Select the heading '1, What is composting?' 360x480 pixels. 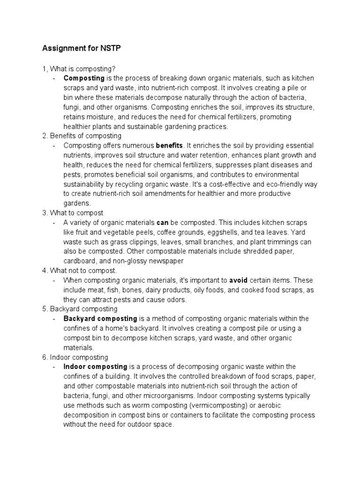[78, 68]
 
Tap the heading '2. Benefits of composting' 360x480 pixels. [82, 136]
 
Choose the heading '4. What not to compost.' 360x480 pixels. [79, 270]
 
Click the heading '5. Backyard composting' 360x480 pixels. [80, 309]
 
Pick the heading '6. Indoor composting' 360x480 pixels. [75, 357]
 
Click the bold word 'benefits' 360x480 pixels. [169, 146]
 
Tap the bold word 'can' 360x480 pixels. [162, 223]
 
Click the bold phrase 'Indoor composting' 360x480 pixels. [95, 367]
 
